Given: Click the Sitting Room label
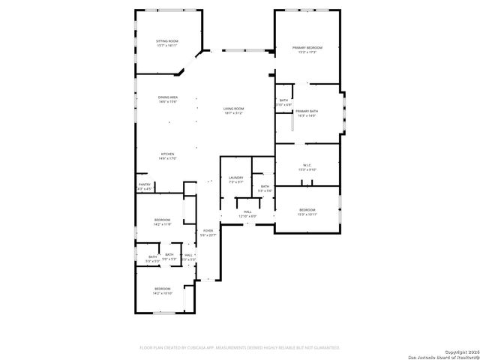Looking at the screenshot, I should point(166,40).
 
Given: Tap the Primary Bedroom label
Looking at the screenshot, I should point(307,48).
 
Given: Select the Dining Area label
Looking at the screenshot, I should point(167,97).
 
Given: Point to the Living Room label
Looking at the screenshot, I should point(233,109).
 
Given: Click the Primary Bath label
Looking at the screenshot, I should point(307,111).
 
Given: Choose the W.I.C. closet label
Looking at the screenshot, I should point(307,166).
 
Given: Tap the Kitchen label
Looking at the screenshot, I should point(166,154).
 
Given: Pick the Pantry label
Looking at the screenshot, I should point(145,184).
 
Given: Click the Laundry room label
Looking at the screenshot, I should point(235,178).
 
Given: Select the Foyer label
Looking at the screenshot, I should point(208,231).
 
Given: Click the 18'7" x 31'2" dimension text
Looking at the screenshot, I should point(233,113).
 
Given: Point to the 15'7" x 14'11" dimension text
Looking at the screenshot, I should point(166,45).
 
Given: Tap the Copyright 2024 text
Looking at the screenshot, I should point(460,351).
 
